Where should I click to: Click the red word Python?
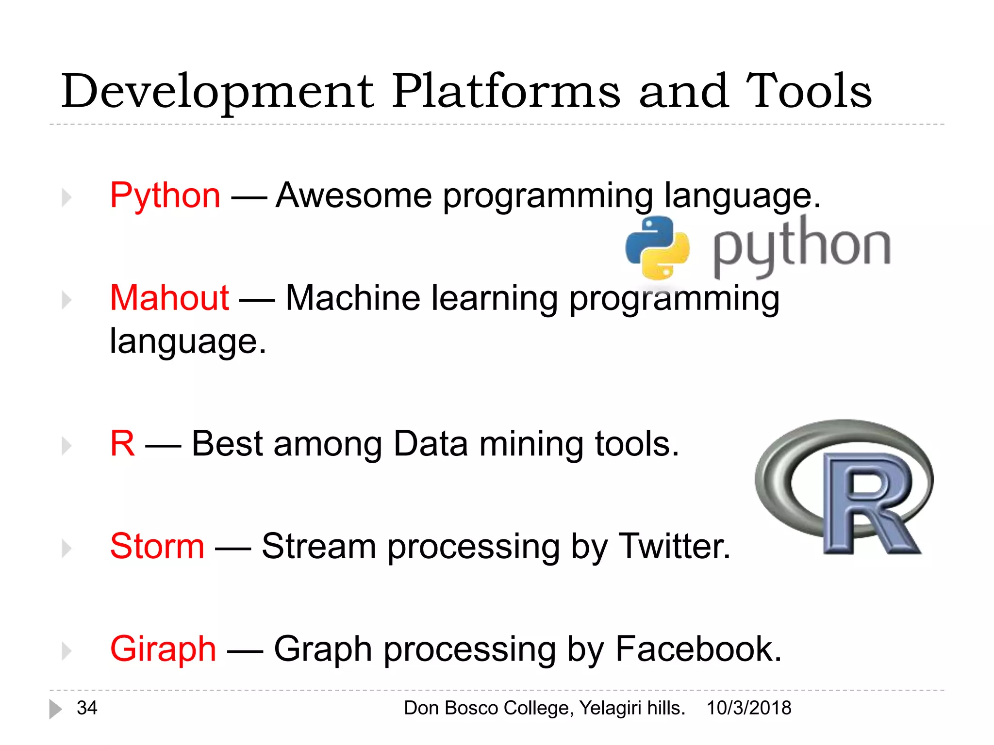(165, 196)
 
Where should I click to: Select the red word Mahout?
(169, 298)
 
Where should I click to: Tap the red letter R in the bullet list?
(122, 443)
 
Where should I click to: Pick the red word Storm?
(157, 546)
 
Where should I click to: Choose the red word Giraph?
(163, 649)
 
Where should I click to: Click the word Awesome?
(353, 196)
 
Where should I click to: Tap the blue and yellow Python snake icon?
(657, 248)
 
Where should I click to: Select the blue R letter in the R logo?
(869, 504)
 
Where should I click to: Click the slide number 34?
(87, 708)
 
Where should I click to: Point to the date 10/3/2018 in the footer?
(748, 708)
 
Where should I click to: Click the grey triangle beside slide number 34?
(55, 709)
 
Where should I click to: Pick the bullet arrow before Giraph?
(66, 650)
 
